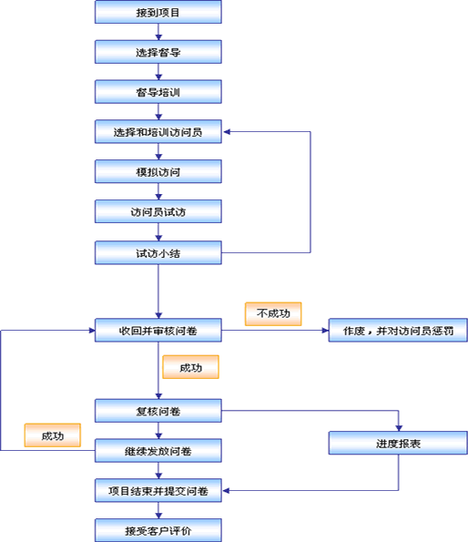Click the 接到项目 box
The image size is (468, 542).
coord(158,12)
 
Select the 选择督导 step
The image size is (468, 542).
coord(158,52)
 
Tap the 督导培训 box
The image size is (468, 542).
coord(158,92)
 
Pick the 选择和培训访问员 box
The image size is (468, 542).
coord(158,132)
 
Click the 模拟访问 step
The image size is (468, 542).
coord(158,171)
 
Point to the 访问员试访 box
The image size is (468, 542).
coord(158,211)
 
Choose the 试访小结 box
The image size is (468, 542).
coord(158,253)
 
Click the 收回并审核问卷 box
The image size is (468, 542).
coord(158,331)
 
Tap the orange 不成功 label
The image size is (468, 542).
coord(273,314)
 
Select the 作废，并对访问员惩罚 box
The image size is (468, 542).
coord(398,331)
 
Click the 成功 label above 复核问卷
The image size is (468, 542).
coord(190,367)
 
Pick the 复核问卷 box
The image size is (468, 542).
coord(158,411)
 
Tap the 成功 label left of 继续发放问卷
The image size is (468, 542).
coord(53,435)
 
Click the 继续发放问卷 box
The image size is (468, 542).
coord(158,451)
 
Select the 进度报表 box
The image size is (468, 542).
coord(398,443)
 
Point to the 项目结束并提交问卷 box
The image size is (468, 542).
coord(158,490)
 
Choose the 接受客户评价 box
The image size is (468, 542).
coord(158,530)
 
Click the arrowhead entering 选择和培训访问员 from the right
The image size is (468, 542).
coord(227,132)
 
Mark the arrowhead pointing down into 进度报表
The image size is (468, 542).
coord(399,428)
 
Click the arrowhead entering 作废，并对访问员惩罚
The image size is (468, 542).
coord(325,331)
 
